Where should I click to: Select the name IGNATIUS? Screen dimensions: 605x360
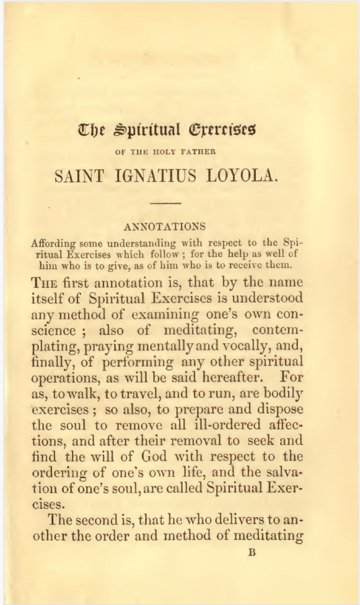pos(154,177)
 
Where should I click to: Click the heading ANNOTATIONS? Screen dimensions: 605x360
pos(165,226)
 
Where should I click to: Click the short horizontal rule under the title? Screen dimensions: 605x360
pos(166,204)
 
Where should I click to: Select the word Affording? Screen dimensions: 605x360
pos(54,243)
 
